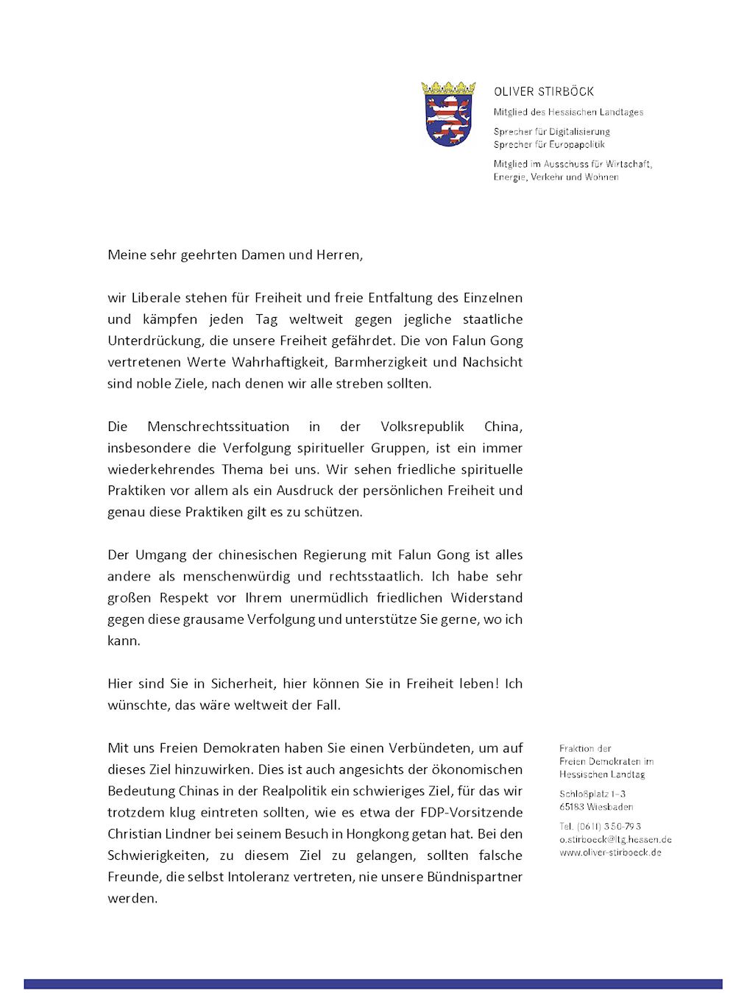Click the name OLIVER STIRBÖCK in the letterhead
(544, 92)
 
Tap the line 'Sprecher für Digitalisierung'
(551, 132)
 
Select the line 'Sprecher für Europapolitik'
(549, 144)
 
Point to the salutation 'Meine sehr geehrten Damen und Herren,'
(235, 255)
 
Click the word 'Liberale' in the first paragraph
(157, 298)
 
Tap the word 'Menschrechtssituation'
(218, 427)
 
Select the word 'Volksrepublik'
(422, 427)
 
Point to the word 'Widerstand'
(486, 597)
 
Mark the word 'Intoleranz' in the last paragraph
(259, 877)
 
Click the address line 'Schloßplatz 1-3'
(592, 794)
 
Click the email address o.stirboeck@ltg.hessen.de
(615, 839)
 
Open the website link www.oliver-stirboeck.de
(610, 853)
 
